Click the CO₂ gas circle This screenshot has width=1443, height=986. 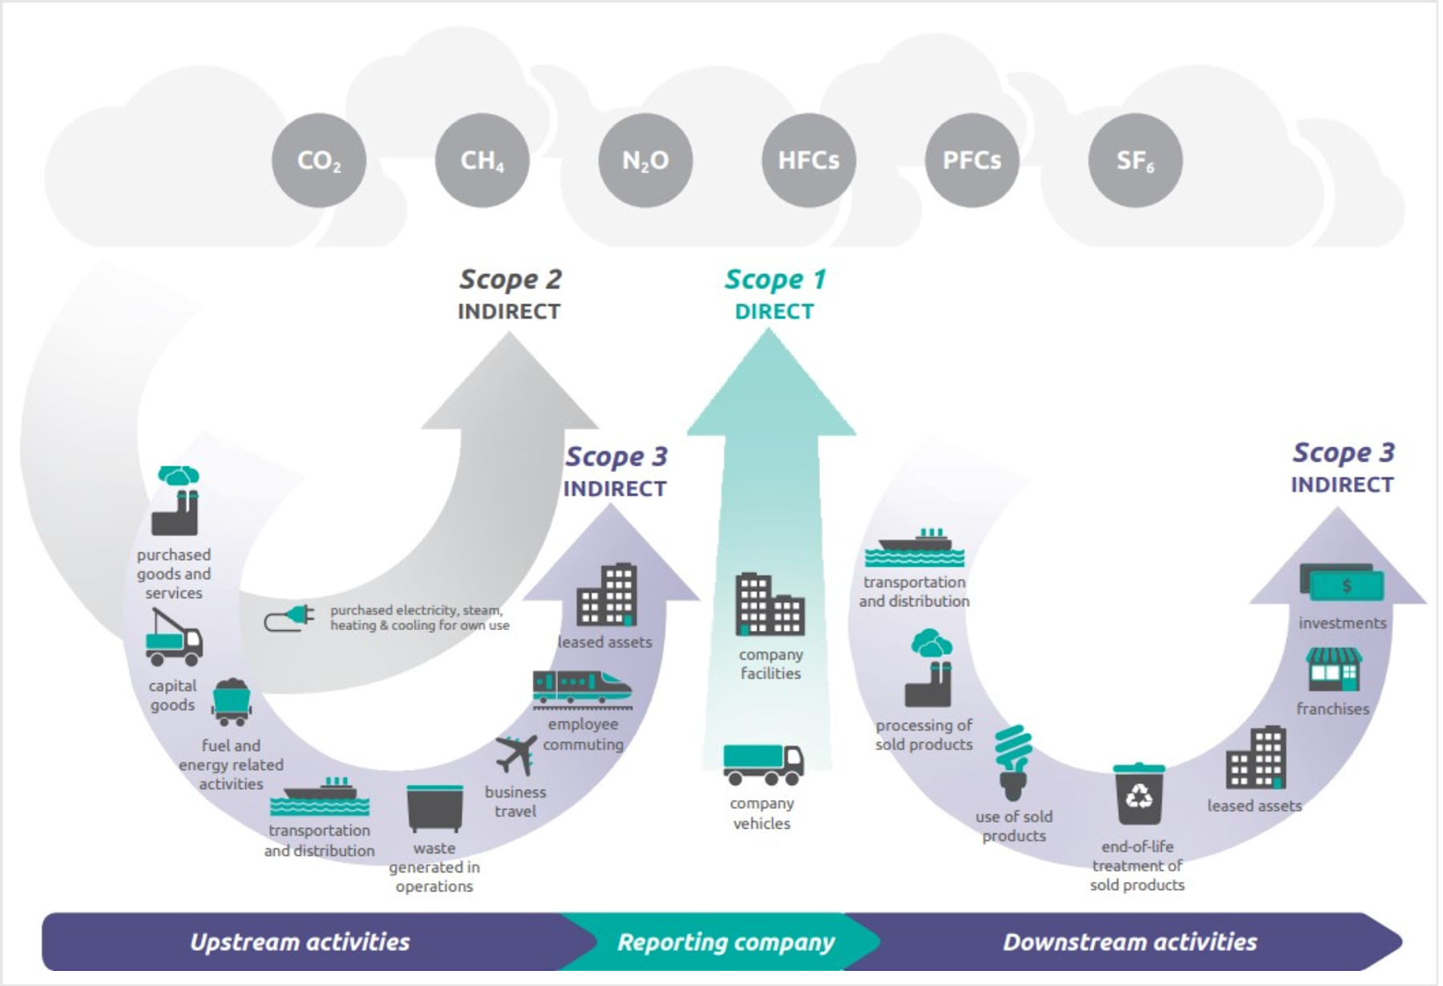pyautogui.click(x=319, y=160)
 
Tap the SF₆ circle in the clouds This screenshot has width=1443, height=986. pyautogui.click(x=1135, y=160)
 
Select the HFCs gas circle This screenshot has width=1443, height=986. pyautogui.click(x=808, y=160)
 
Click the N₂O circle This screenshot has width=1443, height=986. pyautogui.click(x=645, y=160)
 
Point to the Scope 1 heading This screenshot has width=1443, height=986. pyautogui.click(x=774, y=280)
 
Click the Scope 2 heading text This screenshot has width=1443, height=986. pyautogui.click(x=510, y=280)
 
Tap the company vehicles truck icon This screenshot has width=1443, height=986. pyautogui.click(x=762, y=764)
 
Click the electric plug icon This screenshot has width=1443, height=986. pyautogui.click(x=289, y=618)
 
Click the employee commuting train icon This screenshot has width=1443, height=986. pyautogui.click(x=581, y=689)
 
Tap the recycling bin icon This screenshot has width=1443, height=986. pyautogui.click(x=1138, y=794)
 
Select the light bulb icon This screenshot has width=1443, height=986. pyautogui.click(x=1013, y=762)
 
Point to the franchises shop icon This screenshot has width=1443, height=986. pyautogui.click(x=1333, y=669)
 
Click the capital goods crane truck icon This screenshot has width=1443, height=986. pyautogui.click(x=173, y=638)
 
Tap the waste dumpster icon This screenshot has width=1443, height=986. pyautogui.click(x=435, y=808)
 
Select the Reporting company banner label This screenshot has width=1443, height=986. pyautogui.click(x=726, y=942)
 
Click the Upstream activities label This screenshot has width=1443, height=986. pyautogui.click(x=300, y=942)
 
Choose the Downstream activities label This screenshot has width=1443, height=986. pyautogui.click(x=1130, y=942)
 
